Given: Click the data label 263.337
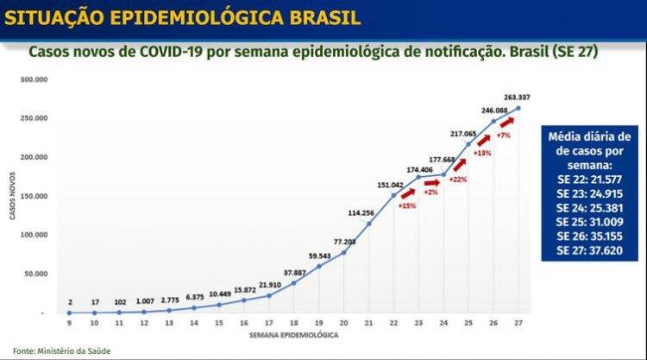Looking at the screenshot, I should [518, 97].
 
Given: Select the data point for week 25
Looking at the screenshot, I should [468, 143].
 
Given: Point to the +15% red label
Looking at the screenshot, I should [406, 205].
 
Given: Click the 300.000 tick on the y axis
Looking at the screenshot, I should [35, 79].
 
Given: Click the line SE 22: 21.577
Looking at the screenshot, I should [589, 180].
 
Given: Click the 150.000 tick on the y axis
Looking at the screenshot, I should [35, 196].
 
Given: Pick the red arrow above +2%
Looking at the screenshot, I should [432, 183].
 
